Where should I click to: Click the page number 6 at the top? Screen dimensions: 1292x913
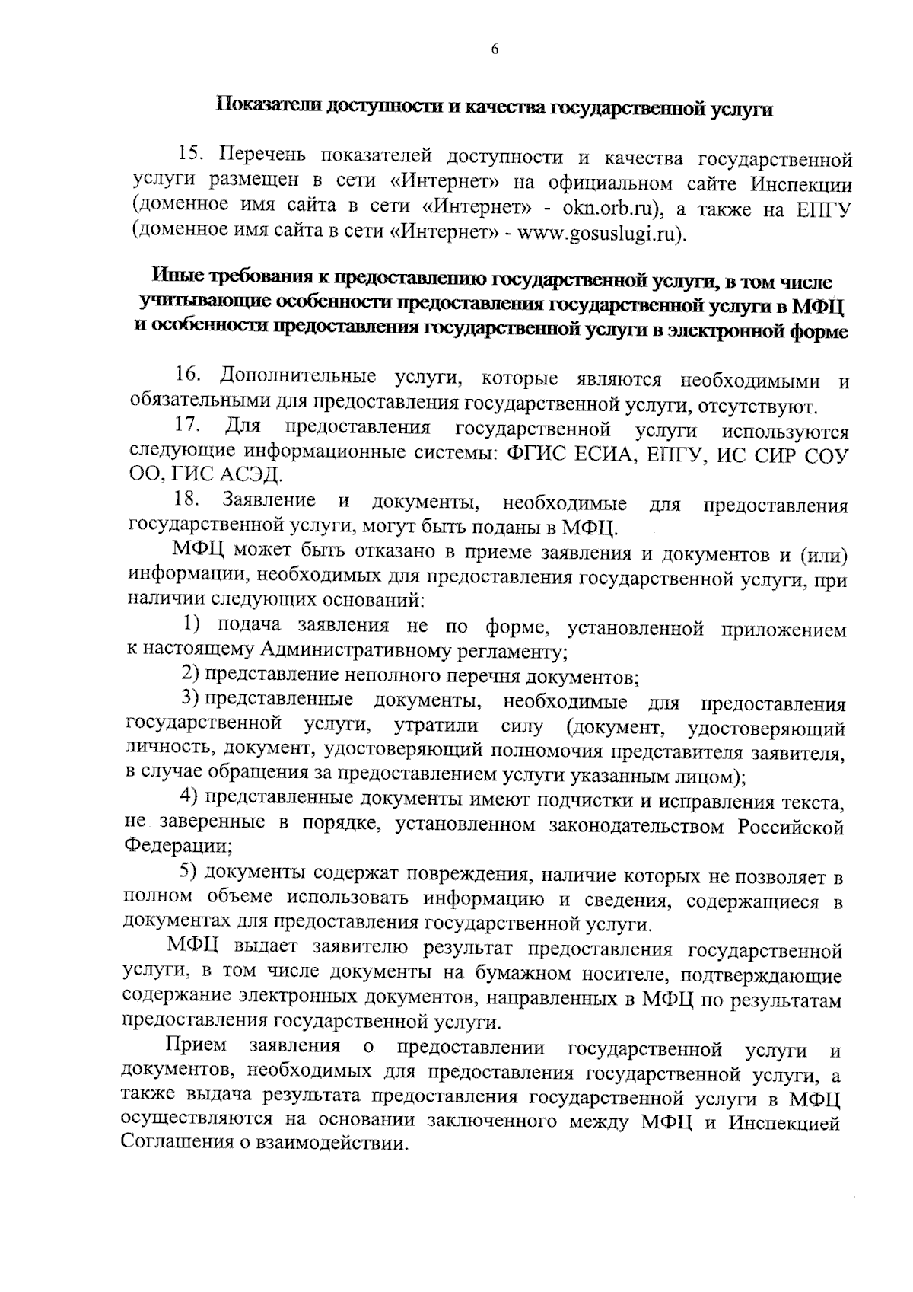coord(494,49)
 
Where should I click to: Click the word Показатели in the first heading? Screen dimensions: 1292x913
coord(266,107)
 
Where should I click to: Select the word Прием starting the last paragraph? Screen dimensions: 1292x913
coord(196,1047)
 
